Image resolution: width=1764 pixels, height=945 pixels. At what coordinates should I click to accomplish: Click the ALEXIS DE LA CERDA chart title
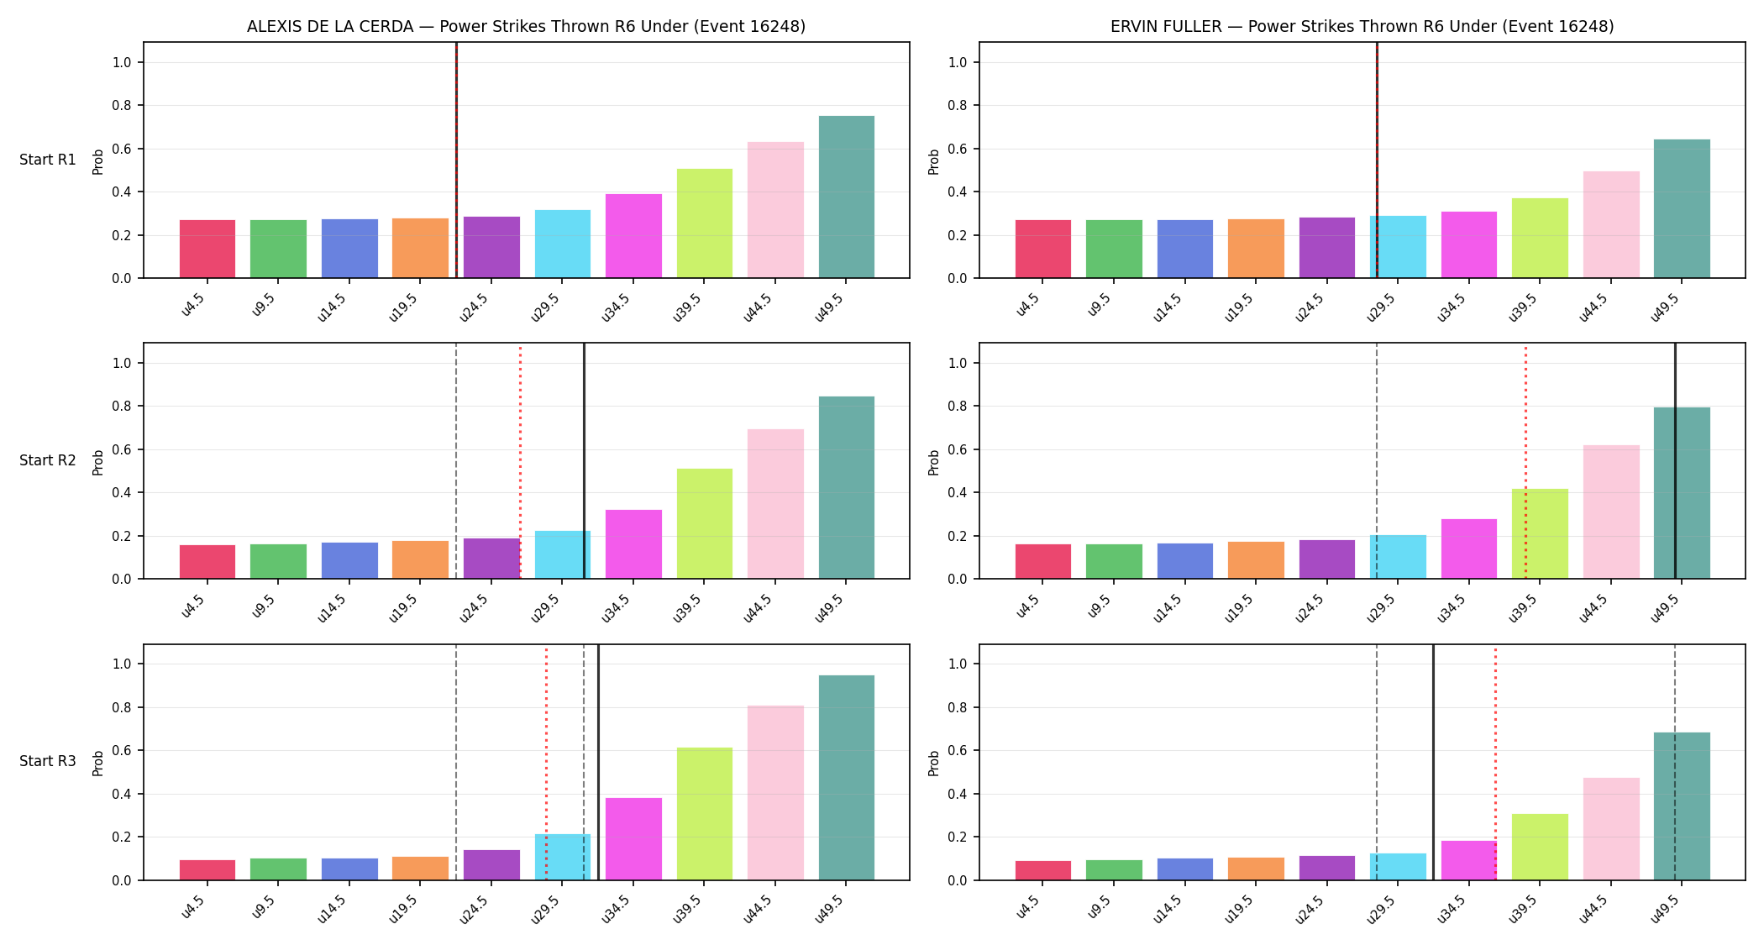526,27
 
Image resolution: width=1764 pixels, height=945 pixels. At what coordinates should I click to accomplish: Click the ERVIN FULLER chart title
1362,27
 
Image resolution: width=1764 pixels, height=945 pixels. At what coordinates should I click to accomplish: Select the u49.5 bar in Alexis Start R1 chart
846,197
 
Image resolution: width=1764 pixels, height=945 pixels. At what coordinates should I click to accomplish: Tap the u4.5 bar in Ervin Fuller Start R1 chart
1043,249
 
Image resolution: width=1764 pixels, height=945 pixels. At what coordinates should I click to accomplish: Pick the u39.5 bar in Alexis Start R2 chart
704,523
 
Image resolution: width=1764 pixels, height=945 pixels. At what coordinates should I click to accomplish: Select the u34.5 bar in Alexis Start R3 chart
633,838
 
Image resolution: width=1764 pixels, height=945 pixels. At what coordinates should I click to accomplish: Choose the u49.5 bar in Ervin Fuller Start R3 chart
1682,806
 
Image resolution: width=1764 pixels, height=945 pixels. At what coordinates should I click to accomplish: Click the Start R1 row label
48,160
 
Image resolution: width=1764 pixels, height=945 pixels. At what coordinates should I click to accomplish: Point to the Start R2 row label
48,460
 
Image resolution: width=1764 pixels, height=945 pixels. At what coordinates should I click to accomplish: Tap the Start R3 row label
48,761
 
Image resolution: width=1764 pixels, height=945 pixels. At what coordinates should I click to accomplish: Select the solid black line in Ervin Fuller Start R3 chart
1433,762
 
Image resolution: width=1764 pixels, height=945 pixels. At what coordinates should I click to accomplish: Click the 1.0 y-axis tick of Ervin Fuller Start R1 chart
958,62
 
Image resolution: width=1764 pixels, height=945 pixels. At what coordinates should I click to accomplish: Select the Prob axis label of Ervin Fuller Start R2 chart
934,462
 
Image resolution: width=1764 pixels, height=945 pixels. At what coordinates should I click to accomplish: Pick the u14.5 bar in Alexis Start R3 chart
349,869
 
